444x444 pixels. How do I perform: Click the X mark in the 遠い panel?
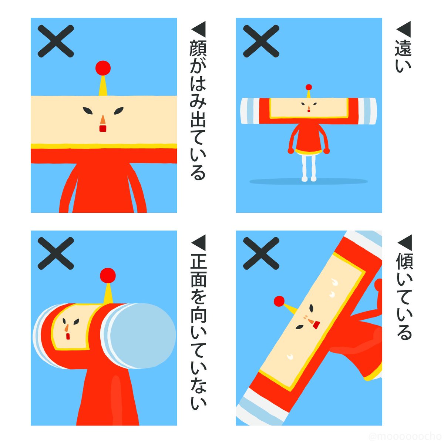point(261,41)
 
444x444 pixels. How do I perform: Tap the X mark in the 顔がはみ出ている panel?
point(56,41)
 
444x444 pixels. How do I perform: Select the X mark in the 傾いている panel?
point(261,253)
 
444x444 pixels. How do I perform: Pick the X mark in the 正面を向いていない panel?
point(56,253)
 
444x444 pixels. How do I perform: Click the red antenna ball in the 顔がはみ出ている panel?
point(103,68)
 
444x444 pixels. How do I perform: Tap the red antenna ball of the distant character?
point(309,87)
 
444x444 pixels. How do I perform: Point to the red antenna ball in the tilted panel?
point(279,302)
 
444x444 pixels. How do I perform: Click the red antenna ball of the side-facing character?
point(108,276)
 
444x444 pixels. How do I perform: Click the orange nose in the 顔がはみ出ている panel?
point(103,120)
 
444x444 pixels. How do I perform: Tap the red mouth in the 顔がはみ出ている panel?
point(102,128)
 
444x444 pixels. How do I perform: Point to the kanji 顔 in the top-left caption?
point(198,49)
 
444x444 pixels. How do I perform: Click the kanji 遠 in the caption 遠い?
point(403,48)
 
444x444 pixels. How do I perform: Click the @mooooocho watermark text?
point(405,436)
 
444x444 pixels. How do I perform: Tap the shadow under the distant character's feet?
point(309,182)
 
